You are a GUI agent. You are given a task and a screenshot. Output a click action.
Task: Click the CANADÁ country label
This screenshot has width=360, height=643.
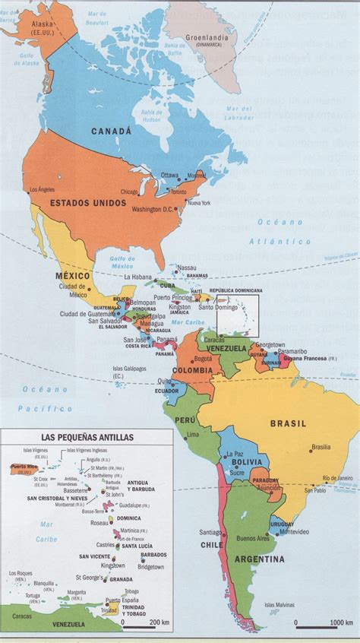point(112,131)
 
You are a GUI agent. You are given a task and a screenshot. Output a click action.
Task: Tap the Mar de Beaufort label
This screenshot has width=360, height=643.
point(98,14)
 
